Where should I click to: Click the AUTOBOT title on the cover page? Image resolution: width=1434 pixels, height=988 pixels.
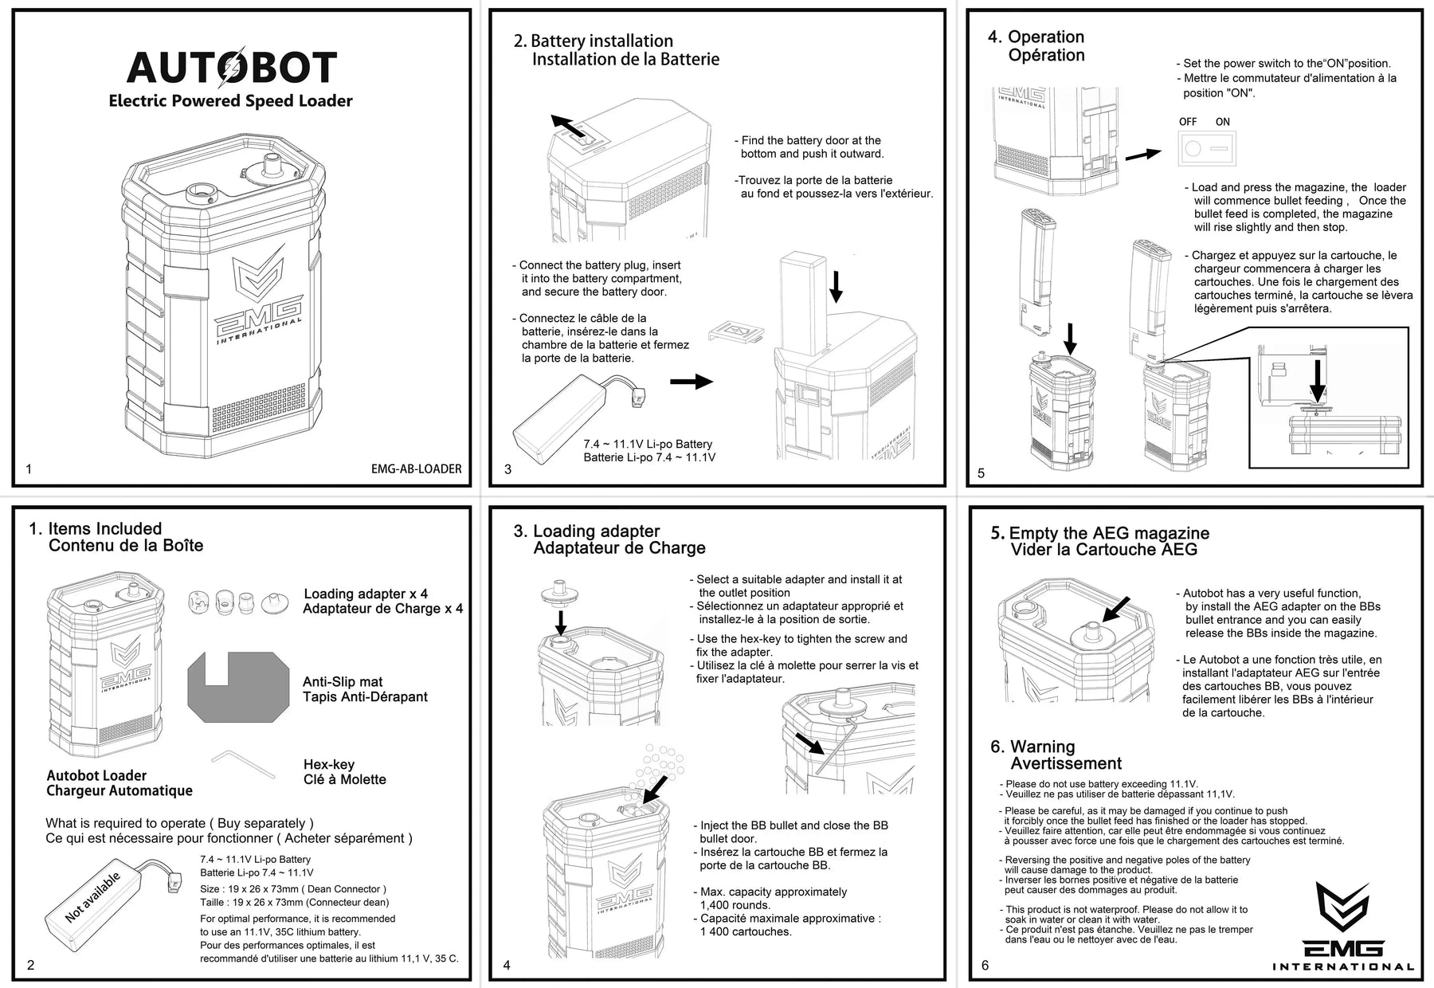pyautogui.click(x=232, y=68)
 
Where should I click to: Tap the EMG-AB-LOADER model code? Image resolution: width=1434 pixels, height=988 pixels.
pyautogui.click(x=416, y=469)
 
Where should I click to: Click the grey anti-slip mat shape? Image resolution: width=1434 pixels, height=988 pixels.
pyautogui.click(x=239, y=685)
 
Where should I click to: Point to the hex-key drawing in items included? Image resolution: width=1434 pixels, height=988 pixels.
pyautogui.click(x=243, y=763)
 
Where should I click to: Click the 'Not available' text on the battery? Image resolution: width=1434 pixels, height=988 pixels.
pyautogui.click(x=92, y=898)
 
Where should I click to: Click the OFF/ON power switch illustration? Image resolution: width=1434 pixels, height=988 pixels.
pyautogui.click(x=1206, y=148)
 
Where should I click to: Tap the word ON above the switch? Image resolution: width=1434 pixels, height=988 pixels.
pyautogui.click(x=1223, y=122)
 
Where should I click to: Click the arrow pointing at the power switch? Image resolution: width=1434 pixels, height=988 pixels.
pyautogui.click(x=1142, y=153)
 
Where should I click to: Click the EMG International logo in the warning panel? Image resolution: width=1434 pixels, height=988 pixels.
pyautogui.click(x=1342, y=928)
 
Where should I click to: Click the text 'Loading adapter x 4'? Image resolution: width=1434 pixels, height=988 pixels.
pyautogui.click(x=366, y=594)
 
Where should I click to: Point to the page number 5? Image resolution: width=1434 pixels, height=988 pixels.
pyautogui.click(x=981, y=473)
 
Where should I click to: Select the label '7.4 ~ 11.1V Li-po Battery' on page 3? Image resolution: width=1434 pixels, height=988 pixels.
pyautogui.click(x=648, y=444)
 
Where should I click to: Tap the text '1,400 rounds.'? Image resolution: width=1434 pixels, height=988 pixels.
pyautogui.click(x=735, y=905)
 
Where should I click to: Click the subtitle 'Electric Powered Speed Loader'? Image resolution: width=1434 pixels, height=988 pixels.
pyautogui.click(x=230, y=101)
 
